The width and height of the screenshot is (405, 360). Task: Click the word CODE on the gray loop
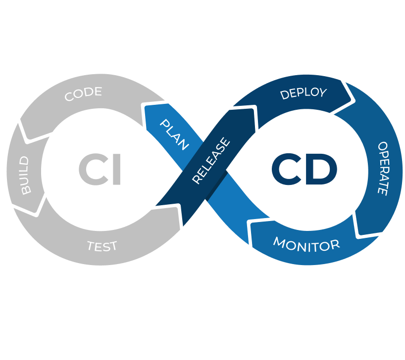click(83, 93)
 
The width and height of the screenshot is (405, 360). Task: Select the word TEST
click(102, 246)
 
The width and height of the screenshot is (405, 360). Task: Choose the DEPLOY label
click(304, 93)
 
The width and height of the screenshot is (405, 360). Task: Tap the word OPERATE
click(383, 168)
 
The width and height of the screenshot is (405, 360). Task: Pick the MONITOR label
click(306, 244)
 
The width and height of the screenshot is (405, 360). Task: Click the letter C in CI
click(92, 170)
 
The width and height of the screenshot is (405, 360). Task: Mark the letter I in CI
click(116, 170)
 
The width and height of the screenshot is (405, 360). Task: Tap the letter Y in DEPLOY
click(322, 92)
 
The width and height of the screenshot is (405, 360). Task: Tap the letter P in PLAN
click(164, 123)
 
